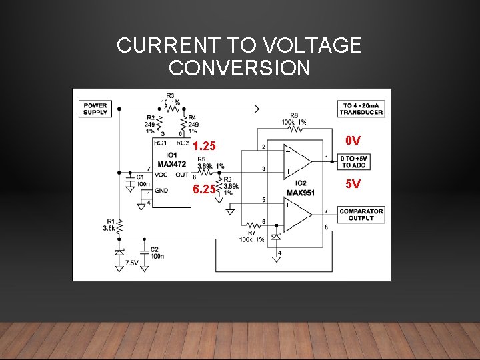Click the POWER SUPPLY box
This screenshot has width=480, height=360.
click(x=96, y=109)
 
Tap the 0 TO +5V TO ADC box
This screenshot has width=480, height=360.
click(x=354, y=161)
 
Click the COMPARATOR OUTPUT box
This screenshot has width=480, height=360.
click(x=361, y=215)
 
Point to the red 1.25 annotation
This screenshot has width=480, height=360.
click(x=204, y=146)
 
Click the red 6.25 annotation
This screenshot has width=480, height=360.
click(x=204, y=189)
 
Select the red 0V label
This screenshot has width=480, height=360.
click(x=353, y=141)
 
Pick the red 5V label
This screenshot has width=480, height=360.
click(x=353, y=183)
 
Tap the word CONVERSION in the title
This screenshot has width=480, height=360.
click(x=239, y=68)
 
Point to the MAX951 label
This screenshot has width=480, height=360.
click(x=300, y=193)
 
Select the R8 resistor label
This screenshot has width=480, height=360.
click(x=294, y=116)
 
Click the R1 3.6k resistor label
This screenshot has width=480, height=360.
click(x=110, y=223)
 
